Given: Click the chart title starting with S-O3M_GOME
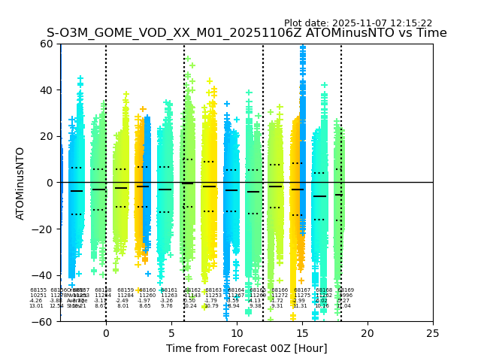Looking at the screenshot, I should coord(247,33).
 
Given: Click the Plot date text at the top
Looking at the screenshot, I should coord(358,23).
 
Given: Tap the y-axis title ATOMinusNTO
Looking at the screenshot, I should coord(21,183).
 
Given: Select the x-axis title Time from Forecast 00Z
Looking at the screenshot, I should coord(247,348).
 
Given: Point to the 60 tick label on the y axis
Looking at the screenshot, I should coord(47,44).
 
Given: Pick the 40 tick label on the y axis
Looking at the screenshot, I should coord(47,90).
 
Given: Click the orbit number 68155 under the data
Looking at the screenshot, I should coord(38,290).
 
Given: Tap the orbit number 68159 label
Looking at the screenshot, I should coord(126,290).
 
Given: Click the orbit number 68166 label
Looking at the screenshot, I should coord(280,290).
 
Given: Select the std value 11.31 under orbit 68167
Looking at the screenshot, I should coord(300,306).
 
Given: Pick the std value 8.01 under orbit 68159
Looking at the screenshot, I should coord(123,306).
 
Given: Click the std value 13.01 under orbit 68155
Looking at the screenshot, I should coord(36,306).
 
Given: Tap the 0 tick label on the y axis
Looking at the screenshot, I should coord(50,183).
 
